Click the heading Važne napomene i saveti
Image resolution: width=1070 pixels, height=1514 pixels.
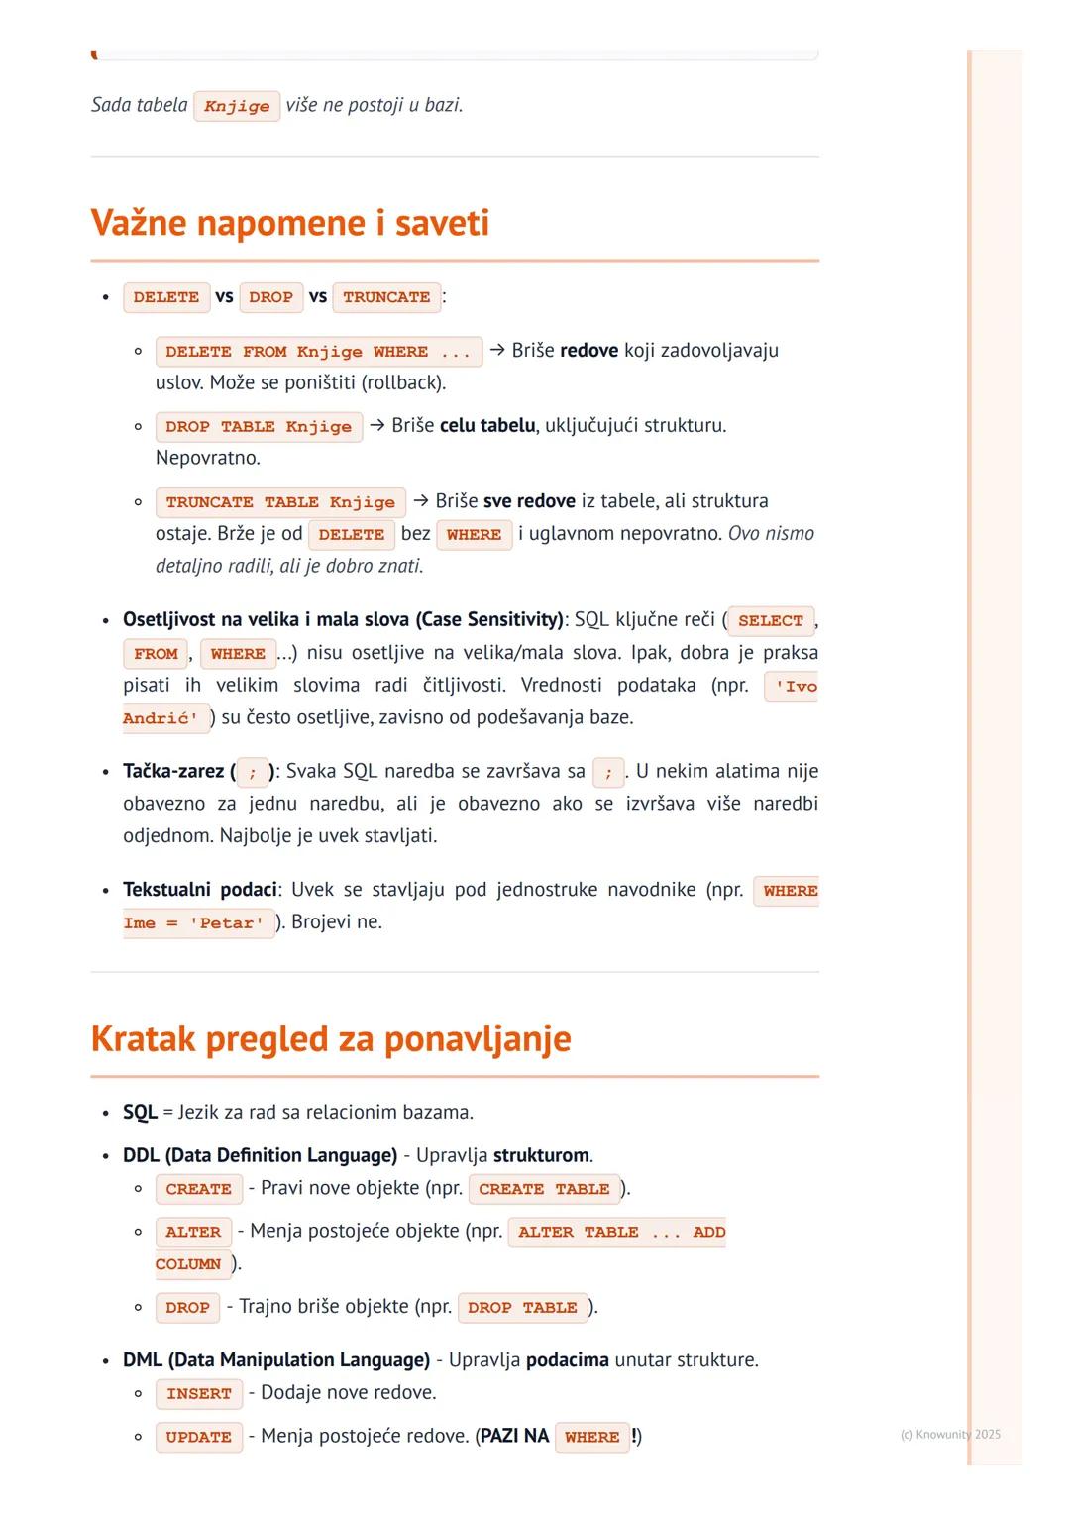289,222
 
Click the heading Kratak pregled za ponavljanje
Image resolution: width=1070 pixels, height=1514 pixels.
330,1038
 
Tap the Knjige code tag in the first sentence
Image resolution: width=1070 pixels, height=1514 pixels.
237,106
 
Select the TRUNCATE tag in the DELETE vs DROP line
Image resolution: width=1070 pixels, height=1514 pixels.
386,297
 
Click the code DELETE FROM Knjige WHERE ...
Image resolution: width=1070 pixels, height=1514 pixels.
318,352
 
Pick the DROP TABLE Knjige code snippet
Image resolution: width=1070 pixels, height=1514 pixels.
259,427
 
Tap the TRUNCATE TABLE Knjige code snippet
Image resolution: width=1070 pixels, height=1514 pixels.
280,502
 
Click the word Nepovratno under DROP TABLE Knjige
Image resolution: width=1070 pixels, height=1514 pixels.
207,458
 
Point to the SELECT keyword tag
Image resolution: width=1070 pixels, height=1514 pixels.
770,621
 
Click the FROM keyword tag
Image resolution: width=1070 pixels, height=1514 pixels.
156,654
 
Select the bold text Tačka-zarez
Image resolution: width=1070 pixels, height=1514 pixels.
174,771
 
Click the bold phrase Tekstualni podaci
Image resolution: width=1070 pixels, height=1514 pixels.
199,890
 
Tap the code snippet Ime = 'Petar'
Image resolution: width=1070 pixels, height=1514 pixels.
198,923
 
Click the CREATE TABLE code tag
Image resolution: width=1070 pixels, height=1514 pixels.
544,1189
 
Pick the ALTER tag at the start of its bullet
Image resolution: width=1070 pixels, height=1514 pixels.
193,1233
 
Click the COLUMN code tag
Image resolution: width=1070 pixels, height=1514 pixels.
189,1265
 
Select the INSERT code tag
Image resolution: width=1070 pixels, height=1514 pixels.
198,1394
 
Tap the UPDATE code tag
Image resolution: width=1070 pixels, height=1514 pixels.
198,1437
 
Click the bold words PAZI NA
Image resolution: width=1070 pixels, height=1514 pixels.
513,1436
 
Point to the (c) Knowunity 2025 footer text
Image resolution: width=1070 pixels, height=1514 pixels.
949,1434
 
